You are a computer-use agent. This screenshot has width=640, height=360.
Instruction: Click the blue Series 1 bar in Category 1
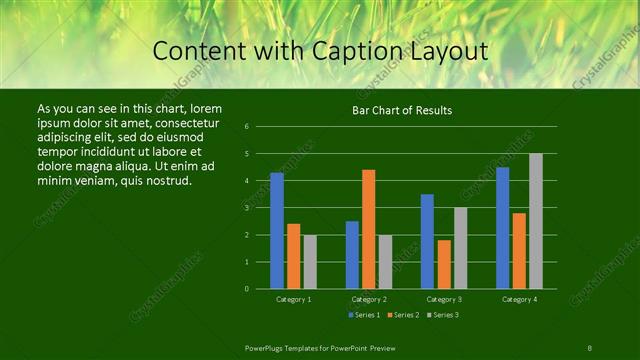coord(277,231)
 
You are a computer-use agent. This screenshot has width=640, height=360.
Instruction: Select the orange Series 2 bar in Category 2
coord(369,229)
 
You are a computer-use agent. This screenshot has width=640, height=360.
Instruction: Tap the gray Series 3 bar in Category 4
coord(536,221)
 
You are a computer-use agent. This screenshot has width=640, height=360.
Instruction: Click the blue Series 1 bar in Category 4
coord(503,228)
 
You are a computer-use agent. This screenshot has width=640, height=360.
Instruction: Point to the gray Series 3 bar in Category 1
coord(310,262)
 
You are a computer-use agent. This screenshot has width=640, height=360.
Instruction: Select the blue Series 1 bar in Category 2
coord(352,255)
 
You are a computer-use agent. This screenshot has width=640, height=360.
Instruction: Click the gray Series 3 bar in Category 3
coord(460,248)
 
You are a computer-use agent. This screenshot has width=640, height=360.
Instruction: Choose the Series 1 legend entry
coord(364,315)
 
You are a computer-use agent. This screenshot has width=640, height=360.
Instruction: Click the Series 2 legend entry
coord(403,315)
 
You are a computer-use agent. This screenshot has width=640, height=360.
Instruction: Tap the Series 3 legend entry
coord(442,315)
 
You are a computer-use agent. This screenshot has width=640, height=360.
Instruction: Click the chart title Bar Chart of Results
coord(403,110)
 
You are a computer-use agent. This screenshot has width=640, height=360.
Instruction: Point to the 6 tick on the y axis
coord(261,127)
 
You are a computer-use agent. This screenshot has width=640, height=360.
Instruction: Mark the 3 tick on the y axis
coord(261,208)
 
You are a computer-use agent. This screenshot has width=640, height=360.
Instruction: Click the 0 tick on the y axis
coord(261,289)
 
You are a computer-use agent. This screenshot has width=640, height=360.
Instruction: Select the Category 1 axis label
coord(294,299)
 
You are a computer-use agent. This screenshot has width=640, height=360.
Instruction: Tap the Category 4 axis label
coord(519,299)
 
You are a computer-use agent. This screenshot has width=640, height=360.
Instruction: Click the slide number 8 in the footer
coord(589,347)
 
